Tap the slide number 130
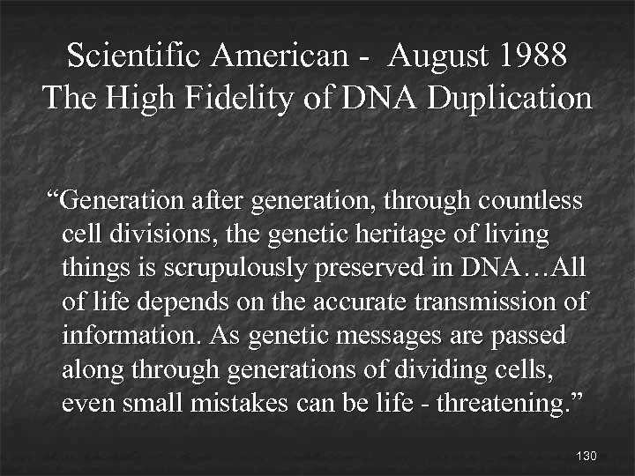(x=586, y=456)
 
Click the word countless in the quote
(x=531, y=201)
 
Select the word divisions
(x=150, y=234)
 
